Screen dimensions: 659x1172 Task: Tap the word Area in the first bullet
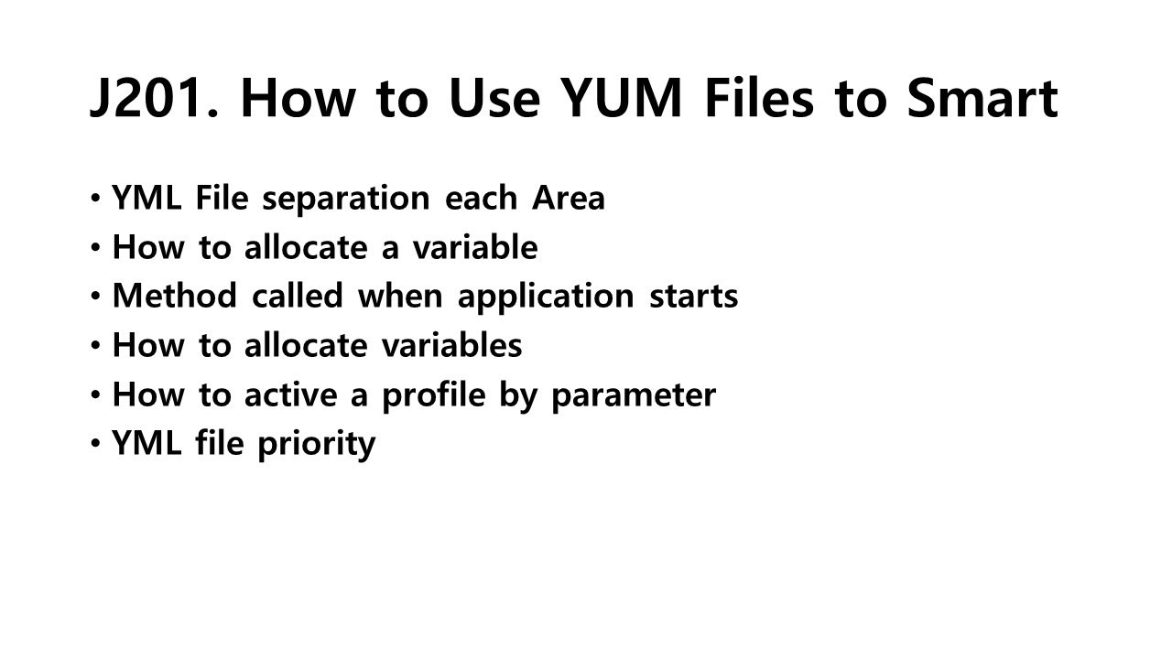[x=569, y=198]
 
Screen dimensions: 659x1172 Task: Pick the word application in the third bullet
[x=546, y=297]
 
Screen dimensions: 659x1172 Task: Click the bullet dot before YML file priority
[x=96, y=444]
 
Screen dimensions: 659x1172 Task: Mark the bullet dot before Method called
[x=96, y=296]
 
